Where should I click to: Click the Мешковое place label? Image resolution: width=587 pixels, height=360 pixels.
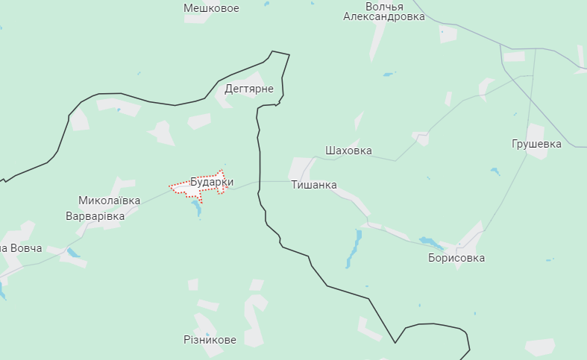tap(211, 8)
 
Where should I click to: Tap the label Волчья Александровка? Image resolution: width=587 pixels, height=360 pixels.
tap(384, 11)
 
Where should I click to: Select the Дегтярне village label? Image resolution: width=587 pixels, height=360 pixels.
tap(249, 89)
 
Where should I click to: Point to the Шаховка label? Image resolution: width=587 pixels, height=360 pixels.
tap(348, 151)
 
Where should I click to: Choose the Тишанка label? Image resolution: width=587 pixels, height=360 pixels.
tap(314, 185)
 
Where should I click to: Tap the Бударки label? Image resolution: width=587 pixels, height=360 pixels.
tap(212, 182)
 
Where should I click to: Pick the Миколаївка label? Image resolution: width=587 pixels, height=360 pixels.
tap(109, 200)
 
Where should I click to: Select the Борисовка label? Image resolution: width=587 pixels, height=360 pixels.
tap(456, 258)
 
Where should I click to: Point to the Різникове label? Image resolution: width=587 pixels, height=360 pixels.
tap(210, 340)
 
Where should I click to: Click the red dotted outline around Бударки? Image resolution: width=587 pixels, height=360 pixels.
tap(222, 171)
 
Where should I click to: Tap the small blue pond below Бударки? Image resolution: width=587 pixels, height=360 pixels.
tap(197, 206)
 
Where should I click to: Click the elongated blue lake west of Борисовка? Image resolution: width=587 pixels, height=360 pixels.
tap(353, 249)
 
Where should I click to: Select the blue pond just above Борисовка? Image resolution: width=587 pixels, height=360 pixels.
tap(430, 241)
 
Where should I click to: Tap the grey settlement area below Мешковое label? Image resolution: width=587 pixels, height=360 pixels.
tap(196, 19)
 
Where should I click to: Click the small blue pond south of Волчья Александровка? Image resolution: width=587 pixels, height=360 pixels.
tap(387, 75)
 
